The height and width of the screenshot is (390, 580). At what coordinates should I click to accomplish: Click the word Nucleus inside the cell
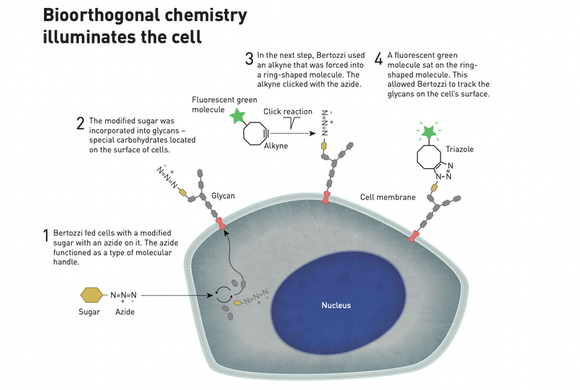point(336,305)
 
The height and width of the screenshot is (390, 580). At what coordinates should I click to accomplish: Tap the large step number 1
point(45,236)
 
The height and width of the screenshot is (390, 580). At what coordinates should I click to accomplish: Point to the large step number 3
point(249,57)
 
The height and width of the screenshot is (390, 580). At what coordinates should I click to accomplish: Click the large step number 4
point(378,57)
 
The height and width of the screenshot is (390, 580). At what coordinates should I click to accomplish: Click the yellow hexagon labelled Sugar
point(91,295)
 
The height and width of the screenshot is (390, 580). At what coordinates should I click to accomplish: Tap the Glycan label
point(223,196)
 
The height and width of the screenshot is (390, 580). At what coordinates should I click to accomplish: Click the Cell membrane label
point(388,197)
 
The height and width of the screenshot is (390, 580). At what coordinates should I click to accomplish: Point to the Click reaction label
point(288,112)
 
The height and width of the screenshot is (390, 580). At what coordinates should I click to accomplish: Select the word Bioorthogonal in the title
point(114,15)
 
